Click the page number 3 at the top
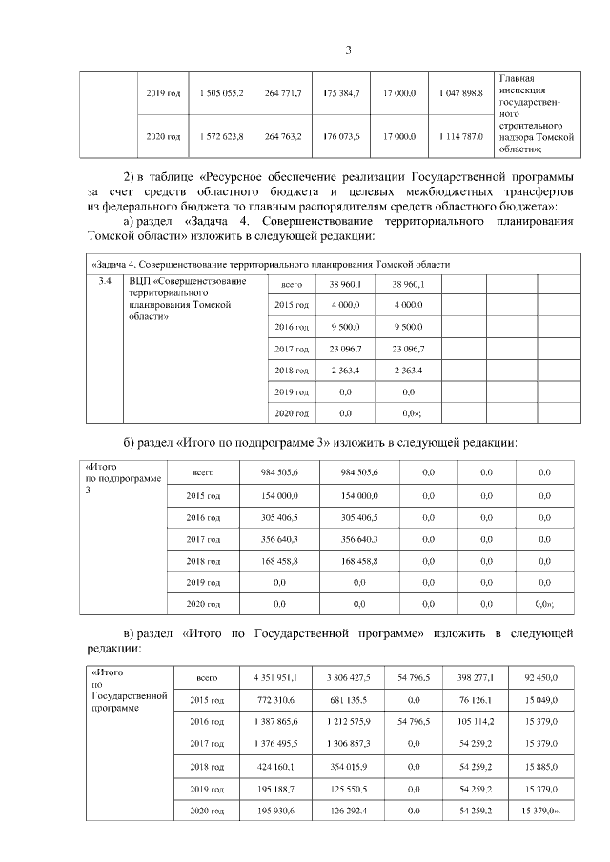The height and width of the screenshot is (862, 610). coord(348,50)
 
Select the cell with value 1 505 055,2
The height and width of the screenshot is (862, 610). coord(222,93)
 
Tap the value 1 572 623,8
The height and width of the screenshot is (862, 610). coord(222,137)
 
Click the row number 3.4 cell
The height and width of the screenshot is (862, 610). coord(105,281)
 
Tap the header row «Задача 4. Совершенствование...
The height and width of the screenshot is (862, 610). coord(268,264)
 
